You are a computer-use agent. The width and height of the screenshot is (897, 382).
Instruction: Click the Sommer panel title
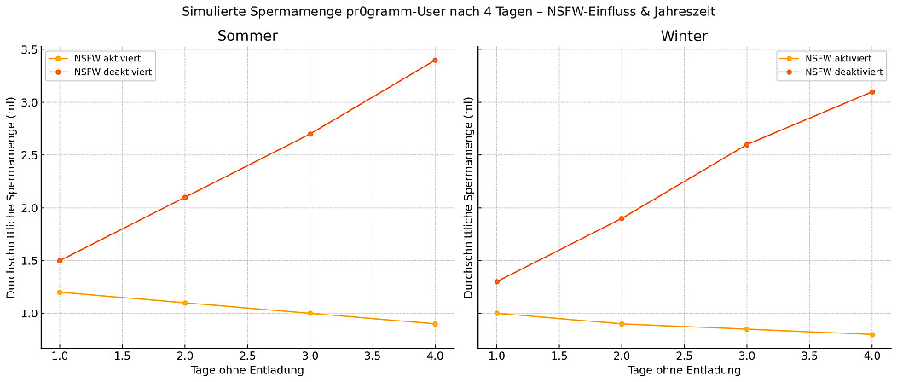coord(247,37)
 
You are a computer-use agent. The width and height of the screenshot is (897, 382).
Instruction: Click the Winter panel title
coord(684,37)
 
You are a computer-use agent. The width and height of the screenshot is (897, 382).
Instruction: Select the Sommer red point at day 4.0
coord(435,60)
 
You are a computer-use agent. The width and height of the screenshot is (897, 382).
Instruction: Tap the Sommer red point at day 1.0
coord(60,261)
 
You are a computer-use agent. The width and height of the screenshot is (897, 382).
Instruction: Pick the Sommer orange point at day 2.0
coord(185,303)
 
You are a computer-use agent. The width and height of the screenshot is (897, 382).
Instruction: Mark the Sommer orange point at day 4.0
coord(435,324)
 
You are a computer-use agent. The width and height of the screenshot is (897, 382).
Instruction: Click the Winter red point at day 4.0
coord(871,92)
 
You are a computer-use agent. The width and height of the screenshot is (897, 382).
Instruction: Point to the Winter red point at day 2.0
coord(622,218)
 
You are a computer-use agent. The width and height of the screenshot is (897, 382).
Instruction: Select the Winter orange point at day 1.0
coord(496,314)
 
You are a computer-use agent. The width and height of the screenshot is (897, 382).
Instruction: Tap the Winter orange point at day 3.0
coord(747,329)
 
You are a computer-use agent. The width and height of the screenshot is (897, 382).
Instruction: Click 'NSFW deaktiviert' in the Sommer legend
coord(113,72)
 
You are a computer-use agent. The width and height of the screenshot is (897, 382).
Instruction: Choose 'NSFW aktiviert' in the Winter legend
coord(838,59)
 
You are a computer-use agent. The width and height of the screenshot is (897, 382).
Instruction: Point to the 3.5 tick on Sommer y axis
coord(27,50)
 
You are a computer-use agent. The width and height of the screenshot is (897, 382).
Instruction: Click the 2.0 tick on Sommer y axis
coord(27,208)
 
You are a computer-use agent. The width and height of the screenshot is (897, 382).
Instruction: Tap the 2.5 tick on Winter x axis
coord(684,356)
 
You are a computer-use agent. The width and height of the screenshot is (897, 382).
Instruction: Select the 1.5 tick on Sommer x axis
coord(122,356)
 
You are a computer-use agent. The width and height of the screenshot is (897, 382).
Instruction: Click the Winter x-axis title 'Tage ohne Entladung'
coord(684,371)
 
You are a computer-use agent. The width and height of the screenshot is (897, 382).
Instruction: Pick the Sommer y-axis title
coord(12,198)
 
